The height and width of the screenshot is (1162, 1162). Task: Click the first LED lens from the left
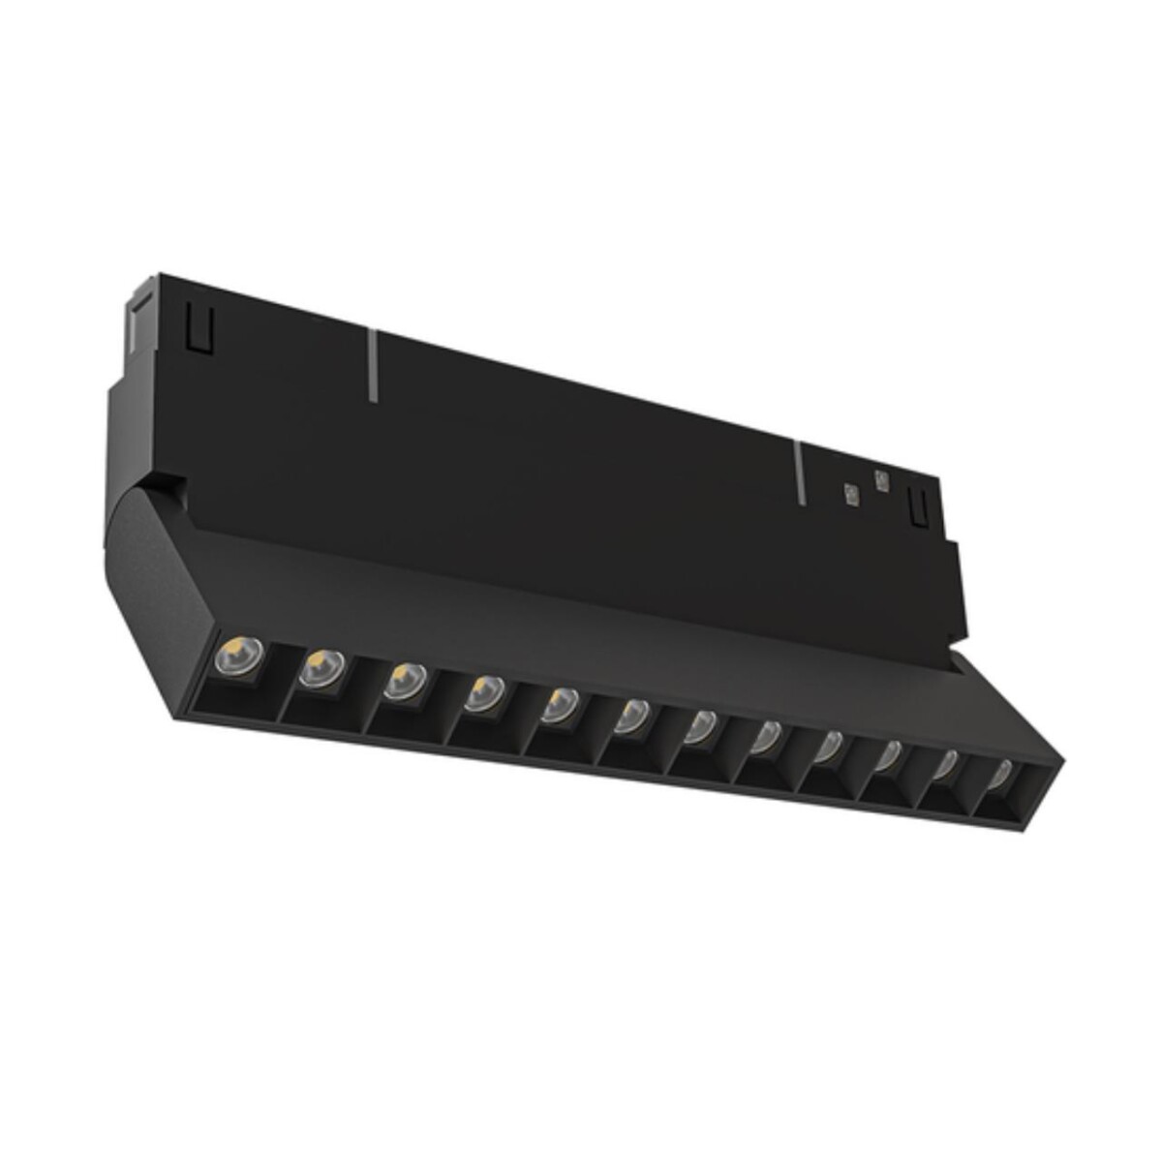pos(233,658)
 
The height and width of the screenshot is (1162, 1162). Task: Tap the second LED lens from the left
pos(321,668)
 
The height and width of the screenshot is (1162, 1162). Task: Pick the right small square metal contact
pos(880,479)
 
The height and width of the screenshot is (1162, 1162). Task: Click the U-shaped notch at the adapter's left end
pos(199,330)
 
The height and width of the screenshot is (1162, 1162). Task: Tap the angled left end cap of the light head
pos(145,562)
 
